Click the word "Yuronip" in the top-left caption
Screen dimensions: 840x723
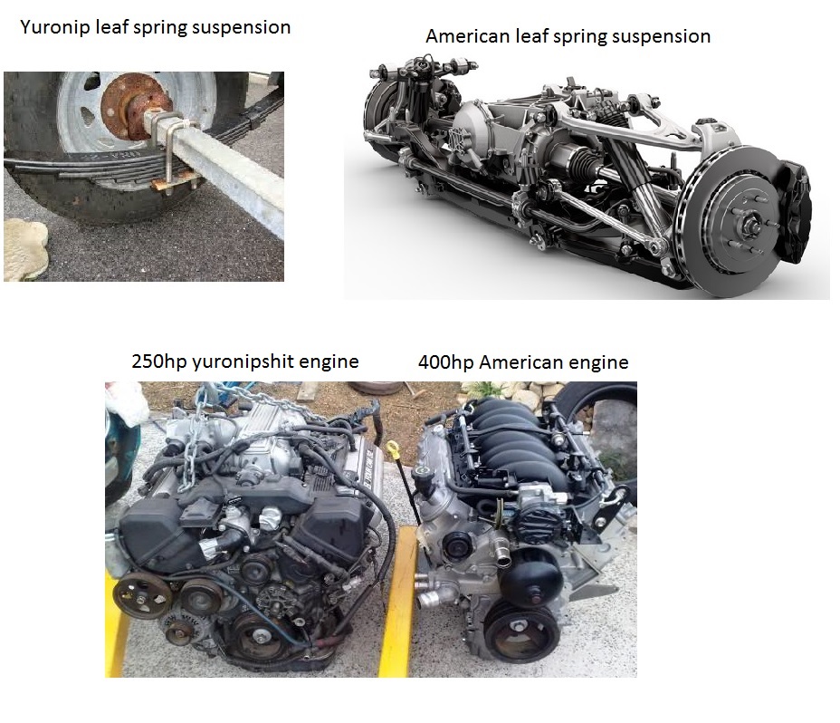[x=54, y=27]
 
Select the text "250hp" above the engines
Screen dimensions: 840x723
[x=158, y=361]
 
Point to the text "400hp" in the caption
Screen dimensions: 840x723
[x=445, y=362]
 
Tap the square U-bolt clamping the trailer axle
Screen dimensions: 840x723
[x=170, y=150]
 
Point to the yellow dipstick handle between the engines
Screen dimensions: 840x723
[x=395, y=448]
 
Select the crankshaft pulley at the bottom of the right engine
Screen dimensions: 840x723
[x=519, y=631]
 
